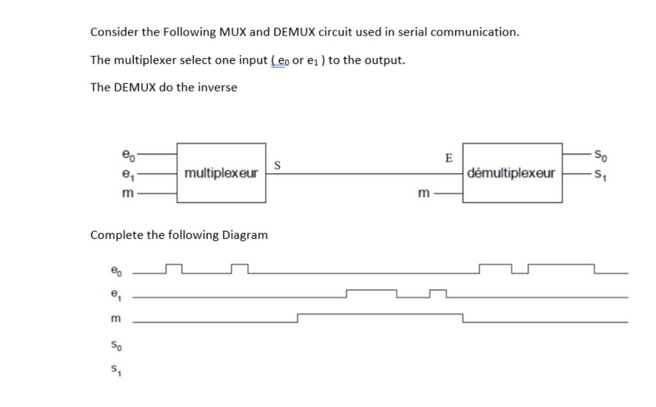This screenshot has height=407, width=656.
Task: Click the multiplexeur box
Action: tap(221, 173)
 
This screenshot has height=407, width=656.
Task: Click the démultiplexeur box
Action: tap(512, 173)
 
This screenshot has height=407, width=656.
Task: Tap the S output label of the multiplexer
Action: tap(277, 165)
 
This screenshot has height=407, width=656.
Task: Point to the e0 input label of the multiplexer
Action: tap(128, 154)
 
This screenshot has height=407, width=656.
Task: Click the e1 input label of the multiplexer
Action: tap(128, 173)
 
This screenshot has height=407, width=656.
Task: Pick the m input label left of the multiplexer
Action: tap(128, 193)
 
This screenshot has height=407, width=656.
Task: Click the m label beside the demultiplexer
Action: tap(423, 192)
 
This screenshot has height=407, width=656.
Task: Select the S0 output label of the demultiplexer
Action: tap(600, 154)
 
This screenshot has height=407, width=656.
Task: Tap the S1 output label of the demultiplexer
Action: tap(600, 173)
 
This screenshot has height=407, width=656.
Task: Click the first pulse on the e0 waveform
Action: tap(174, 267)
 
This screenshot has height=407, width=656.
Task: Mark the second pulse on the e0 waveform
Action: tap(240, 267)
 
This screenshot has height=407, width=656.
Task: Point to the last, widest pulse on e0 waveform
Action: tap(561, 267)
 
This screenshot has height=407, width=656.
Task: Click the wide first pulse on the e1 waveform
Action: tap(372, 293)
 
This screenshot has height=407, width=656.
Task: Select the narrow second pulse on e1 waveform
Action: tap(438, 293)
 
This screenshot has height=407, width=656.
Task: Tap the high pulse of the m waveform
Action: tap(380, 317)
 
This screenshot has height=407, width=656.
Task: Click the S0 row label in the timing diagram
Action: tap(115, 346)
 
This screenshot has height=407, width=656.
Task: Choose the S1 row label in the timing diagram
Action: tap(115, 370)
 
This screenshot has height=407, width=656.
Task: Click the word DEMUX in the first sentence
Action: tap(294, 32)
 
